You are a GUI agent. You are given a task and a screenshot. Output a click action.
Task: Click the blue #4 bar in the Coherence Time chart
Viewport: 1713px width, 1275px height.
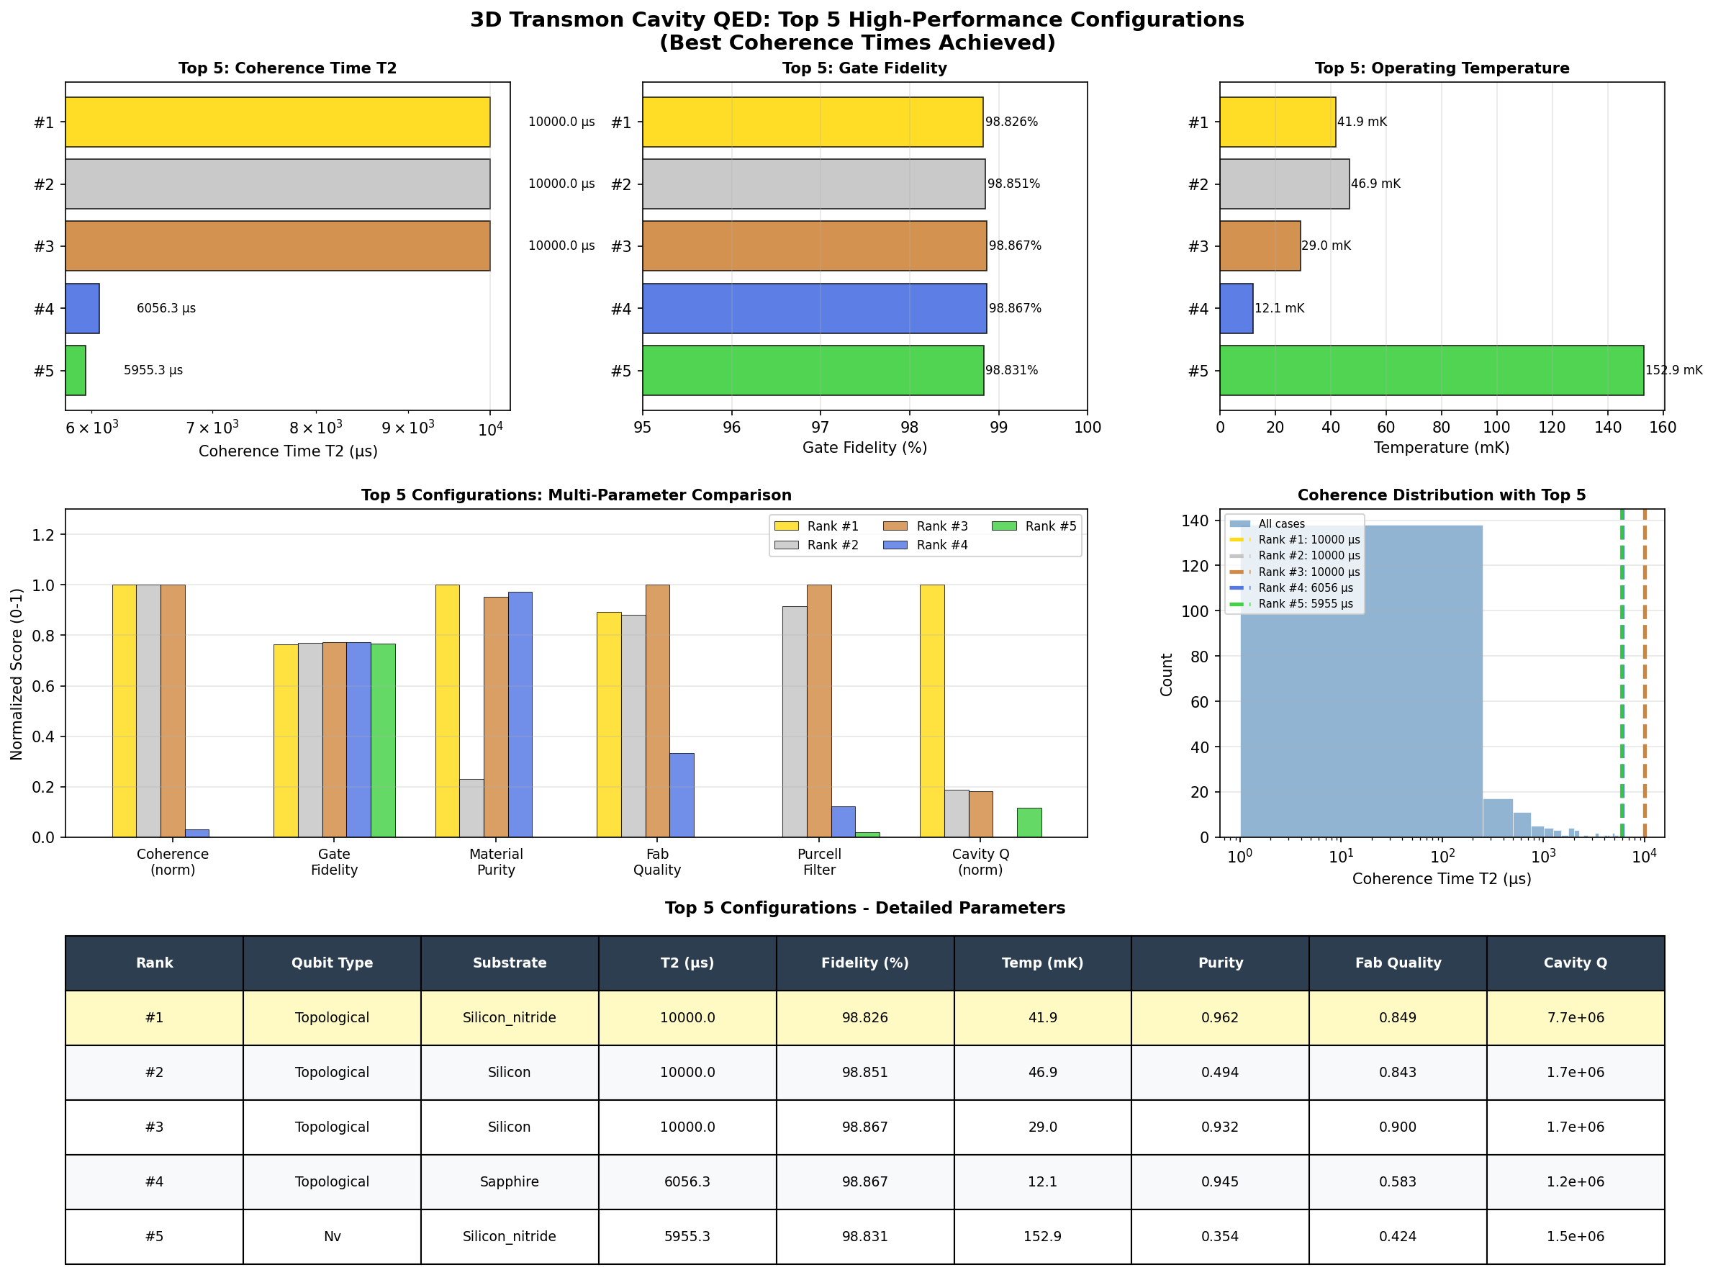pyautogui.click(x=83, y=308)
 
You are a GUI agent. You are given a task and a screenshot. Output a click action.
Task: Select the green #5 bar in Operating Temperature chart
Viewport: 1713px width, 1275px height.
pyautogui.click(x=1431, y=370)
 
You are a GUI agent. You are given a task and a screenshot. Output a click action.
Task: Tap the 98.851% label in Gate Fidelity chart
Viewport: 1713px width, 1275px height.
pyautogui.click(x=1013, y=184)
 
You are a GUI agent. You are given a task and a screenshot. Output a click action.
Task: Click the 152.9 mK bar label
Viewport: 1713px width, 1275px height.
pyautogui.click(x=1673, y=370)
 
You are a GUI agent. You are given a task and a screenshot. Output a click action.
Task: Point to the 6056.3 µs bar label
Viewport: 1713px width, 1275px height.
pyautogui.click(x=166, y=308)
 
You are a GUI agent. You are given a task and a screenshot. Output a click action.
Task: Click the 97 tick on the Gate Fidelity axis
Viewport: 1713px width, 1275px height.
pyautogui.click(x=821, y=428)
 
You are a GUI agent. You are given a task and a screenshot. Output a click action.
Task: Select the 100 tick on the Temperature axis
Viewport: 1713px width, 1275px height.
pyautogui.click(x=1496, y=428)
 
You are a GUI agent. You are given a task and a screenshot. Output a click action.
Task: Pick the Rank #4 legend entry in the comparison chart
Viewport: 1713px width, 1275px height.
pyautogui.click(x=941, y=545)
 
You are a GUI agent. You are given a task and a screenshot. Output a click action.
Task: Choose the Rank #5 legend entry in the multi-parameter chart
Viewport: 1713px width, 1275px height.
pyautogui.click(x=1050, y=526)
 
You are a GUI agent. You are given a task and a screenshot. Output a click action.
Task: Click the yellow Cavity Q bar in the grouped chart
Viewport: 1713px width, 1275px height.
pyautogui.click(x=931, y=710)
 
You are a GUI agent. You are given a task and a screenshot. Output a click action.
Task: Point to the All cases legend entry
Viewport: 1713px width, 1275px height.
pyautogui.click(x=1281, y=523)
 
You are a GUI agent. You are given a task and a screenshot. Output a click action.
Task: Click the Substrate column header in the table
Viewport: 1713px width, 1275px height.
pyautogui.click(x=510, y=963)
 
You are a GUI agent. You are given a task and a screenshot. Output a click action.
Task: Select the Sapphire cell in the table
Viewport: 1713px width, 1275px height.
pyautogui.click(x=510, y=1181)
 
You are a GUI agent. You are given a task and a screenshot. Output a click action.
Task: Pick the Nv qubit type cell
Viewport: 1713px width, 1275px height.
pyautogui.click(x=332, y=1236)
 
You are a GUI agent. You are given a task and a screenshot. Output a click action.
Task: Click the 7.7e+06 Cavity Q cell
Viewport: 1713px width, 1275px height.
pyautogui.click(x=1575, y=1017)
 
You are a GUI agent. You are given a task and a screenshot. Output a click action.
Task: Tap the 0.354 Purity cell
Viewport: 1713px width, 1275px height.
pyautogui.click(x=1220, y=1236)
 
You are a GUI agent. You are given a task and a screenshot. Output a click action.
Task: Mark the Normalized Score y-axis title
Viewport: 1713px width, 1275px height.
pyautogui.click(x=17, y=673)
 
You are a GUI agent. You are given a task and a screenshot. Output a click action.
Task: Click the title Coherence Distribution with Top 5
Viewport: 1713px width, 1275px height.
pyautogui.click(x=1441, y=495)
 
